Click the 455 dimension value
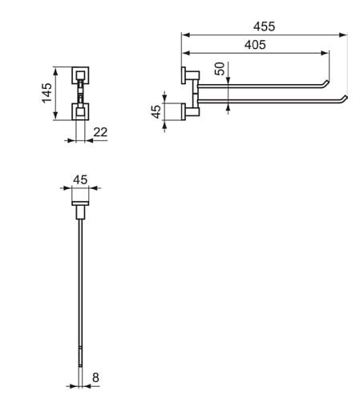pyautogui.click(x=264, y=26)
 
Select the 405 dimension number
pyautogui.click(x=255, y=45)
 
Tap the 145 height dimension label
pyautogui.click(x=47, y=93)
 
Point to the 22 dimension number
pyautogui.click(x=100, y=132)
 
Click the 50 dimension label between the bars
pyautogui.click(x=220, y=69)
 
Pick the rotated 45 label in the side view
pyautogui.click(x=156, y=111)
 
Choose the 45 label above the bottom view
pyautogui.click(x=80, y=179)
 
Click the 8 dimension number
pyautogui.click(x=95, y=377)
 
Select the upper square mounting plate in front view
pyautogui.click(x=80, y=75)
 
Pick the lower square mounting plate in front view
pyautogui.click(x=80, y=111)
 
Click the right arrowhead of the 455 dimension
pyautogui.click(x=343, y=34)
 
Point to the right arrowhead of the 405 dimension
pyautogui.click(x=325, y=53)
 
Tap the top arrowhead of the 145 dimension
pyautogui.click(x=55, y=71)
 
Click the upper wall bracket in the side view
pyautogui.click(x=190, y=75)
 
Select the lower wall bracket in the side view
pyautogui.click(x=190, y=111)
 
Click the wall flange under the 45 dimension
pyautogui.click(x=80, y=203)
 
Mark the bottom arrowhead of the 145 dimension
pyautogui.click(x=55, y=115)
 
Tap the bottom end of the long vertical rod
pyautogui.click(x=80, y=365)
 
